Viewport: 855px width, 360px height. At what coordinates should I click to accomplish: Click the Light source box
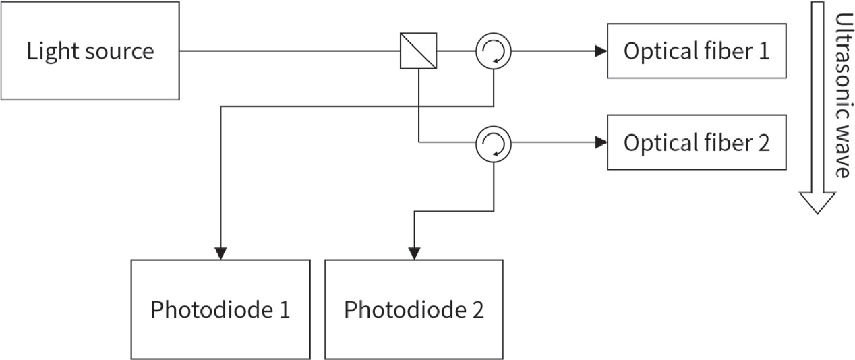90,51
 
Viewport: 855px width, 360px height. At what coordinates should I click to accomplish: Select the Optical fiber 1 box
696,51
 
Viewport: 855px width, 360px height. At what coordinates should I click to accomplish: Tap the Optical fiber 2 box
696,143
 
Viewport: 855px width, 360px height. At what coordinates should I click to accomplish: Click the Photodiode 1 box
220,309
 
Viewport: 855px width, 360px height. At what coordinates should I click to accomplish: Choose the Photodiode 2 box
414,309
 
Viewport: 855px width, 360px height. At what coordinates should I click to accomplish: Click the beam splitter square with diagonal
418,51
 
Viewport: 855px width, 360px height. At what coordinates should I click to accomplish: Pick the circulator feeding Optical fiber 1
494,51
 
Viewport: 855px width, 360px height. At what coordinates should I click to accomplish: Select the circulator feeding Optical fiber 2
494,143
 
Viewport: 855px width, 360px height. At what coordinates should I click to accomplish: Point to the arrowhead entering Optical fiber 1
600,51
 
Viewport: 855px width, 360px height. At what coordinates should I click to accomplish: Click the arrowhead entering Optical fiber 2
600,143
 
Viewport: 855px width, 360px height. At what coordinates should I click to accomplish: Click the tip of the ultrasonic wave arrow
817,212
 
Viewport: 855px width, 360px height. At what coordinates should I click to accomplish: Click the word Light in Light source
49,51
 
